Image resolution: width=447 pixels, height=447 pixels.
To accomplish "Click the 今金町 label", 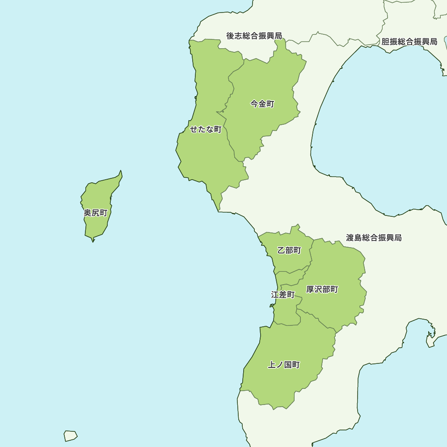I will tap(262, 104).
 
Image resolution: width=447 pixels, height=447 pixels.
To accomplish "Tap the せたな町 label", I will tap(206, 130).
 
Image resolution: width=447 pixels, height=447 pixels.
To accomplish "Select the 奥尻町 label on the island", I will tap(96, 213).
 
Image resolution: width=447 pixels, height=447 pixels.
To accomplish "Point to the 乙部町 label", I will tap(289, 250).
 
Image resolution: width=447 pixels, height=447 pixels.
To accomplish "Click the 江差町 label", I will tap(283, 295).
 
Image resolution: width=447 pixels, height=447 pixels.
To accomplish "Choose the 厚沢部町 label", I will tap(322, 290).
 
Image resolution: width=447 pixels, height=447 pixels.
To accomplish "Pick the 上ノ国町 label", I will tap(284, 365).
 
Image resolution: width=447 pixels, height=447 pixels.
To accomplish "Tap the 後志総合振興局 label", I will tap(254, 36).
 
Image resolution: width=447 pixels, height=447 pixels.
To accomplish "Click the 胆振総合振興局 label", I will tap(409, 42).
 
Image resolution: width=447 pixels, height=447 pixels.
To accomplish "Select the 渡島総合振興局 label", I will tap(374, 238).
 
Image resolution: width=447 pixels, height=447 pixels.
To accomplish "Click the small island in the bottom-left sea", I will tap(70, 435).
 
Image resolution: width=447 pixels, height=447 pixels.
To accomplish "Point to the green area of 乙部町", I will tap(286, 261).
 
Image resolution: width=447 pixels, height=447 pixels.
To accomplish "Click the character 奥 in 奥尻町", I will tap(88, 213).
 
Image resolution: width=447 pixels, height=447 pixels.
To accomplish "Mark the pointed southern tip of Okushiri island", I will tap(93, 241).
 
